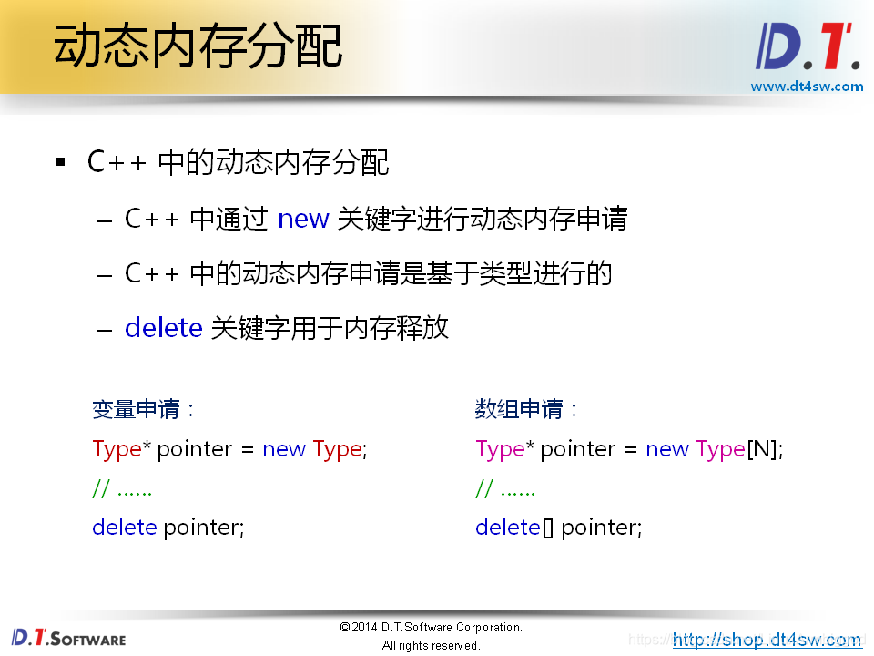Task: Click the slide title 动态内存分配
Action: (198, 46)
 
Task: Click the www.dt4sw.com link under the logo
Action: (807, 87)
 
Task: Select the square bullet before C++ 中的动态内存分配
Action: (61, 163)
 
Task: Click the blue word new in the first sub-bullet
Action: (303, 220)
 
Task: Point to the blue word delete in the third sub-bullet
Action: (163, 328)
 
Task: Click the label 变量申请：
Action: (144, 410)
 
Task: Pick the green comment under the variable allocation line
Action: (122, 489)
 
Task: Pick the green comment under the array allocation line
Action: (505, 489)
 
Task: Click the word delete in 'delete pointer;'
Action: (125, 528)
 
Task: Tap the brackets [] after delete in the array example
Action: (547, 528)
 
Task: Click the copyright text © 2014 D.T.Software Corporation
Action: (431, 628)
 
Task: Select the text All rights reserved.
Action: (431, 645)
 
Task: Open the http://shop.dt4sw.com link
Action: (767, 640)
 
